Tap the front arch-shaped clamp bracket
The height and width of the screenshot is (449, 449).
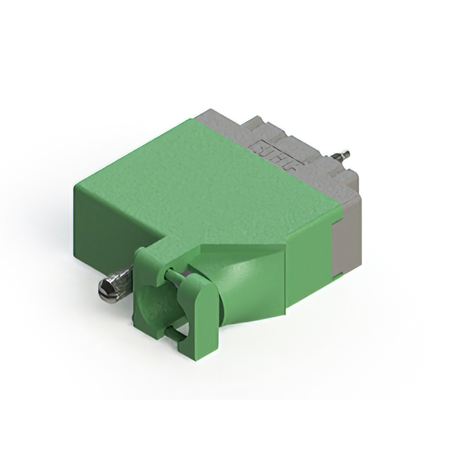(199, 309)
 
